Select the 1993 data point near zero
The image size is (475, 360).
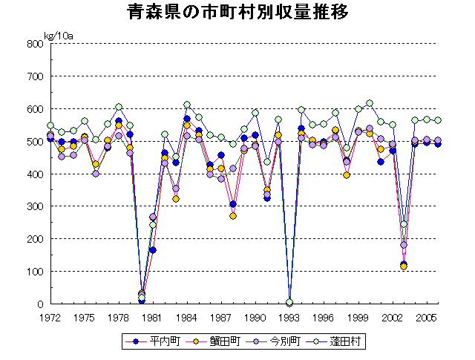point(289,302)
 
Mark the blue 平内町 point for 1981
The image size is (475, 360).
point(153,250)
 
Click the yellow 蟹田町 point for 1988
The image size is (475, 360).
point(233,216)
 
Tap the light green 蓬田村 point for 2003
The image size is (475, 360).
point(404,224)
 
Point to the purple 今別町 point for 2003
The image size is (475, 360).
point(404,245)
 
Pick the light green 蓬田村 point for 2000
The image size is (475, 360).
point(370,103)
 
